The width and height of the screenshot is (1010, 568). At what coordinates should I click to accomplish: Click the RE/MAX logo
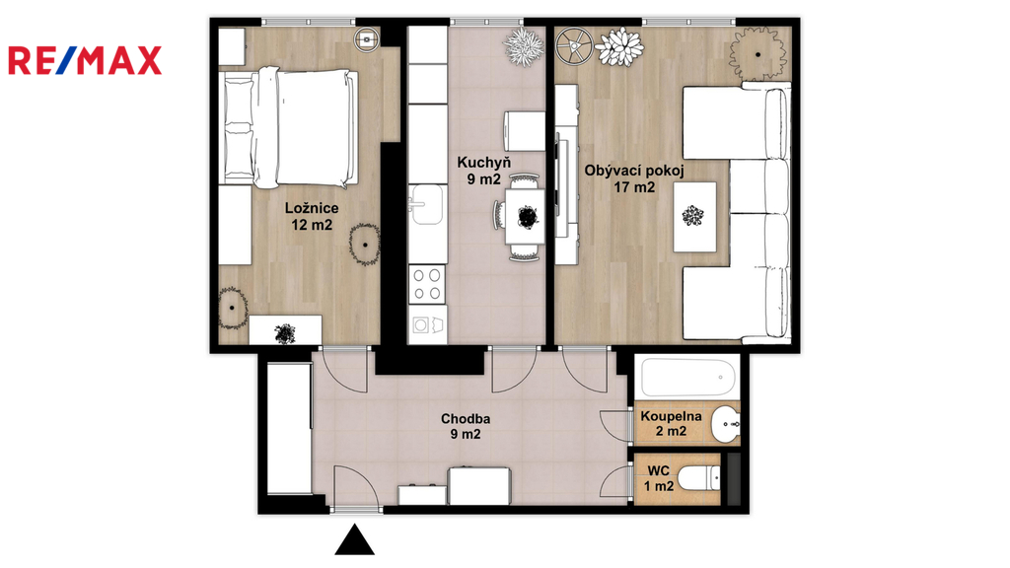click(85, 60)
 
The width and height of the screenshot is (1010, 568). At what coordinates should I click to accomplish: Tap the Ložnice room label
click(312, 208)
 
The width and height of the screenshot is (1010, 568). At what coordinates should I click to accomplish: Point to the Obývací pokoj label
click(634, 171)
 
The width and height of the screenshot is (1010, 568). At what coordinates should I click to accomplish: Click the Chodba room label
click(466, 418)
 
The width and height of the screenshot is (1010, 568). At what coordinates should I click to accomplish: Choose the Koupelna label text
click(671, 416)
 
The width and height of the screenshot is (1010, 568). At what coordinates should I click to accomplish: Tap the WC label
click(658, 470)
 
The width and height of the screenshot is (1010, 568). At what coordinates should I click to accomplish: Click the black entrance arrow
click(354, 539)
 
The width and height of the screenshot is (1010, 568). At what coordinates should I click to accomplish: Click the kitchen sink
click(426, 205)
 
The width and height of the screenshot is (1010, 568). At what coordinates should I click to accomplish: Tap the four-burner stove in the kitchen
click(427, 284)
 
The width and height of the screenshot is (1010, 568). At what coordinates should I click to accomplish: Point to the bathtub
click(687, 376)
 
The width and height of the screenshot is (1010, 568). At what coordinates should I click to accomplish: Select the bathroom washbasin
click(726, 424)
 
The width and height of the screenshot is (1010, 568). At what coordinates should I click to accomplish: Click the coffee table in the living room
click(694, 217)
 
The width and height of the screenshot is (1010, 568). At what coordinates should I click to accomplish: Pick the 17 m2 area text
click(634, 187)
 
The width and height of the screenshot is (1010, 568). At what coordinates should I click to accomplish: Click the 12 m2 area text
click(312, 225)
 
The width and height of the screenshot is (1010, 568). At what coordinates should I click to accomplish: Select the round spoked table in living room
click(574, 45)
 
